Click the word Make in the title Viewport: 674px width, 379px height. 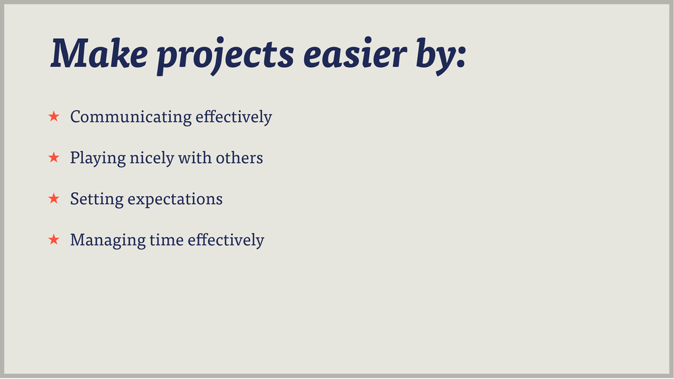(x=99, y=53)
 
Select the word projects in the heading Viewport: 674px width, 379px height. (x=225, y=56)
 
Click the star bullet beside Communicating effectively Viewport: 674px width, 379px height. (x=54, y=116)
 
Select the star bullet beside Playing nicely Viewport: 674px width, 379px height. (x=54, y=157)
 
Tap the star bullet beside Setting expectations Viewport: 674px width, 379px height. (x=54, y=198)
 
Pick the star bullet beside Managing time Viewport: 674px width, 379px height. (x=54, y=240)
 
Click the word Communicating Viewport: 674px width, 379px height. (x=131, y=117)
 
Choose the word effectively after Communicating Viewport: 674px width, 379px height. (x=234, y=117)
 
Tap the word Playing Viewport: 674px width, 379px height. (x=98, y=158)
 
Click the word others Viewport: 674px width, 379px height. (x=240, y=158)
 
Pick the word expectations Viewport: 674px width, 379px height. (x=175, y=200)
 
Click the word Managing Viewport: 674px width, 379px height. (x=108, y=241)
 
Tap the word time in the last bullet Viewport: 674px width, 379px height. (x=167, y=240)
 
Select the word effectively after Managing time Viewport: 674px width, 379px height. (x=226, y=241)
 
